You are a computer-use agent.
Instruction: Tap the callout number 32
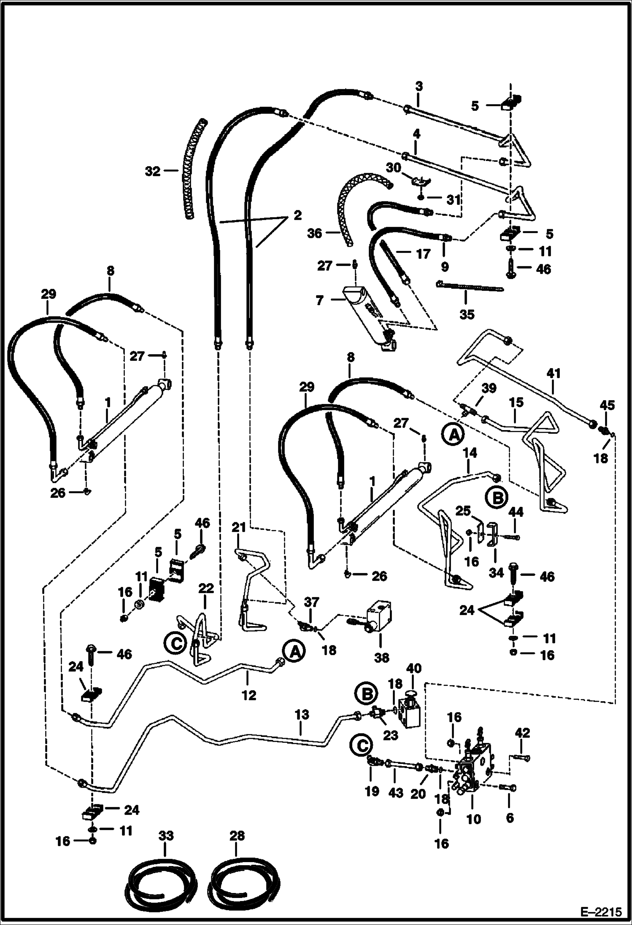(x=153, y=171)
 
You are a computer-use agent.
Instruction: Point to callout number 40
(x=414, y=668)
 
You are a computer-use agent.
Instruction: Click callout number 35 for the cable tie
(x=467, y=314)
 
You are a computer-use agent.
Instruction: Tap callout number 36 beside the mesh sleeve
(x=314, y=233)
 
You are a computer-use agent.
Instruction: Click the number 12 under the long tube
(x=249, y=695)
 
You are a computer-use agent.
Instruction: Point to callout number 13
(x=301, y=715)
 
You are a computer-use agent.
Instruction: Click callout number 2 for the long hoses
(x=298, y=215)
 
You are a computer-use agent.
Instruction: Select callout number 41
(x=554, y=373)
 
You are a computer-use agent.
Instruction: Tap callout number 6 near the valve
(x=510, y=818)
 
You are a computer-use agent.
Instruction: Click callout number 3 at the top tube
(x=418, y=86)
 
